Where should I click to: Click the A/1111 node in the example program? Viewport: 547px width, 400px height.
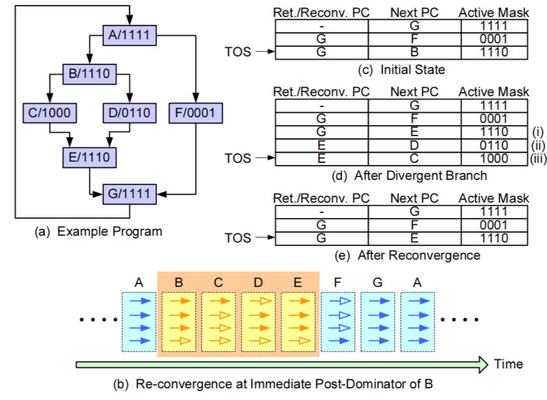click(130, 34)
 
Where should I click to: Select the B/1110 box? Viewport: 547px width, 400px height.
click(90, 73)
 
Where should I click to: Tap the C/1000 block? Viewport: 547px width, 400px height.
click(50, 113)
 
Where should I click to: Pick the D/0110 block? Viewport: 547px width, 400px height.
click(130, 113)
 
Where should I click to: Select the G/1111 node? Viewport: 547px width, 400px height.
click(130, 193)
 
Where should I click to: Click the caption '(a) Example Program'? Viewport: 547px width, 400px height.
click(98, 231)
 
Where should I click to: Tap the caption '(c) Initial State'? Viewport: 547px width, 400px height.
click(400, 69)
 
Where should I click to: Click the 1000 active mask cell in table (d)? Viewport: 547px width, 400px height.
click(494, 159)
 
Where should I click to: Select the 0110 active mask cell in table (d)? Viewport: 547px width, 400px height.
click(494, 145)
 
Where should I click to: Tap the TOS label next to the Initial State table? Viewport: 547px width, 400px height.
click(238, 52)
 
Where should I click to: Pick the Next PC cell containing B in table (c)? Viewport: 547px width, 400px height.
click(414, 53)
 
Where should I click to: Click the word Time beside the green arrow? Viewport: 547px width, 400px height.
click(508, 364)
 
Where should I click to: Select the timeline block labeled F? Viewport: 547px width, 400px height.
click(338, 321)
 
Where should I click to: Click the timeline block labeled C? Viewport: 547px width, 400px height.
click(218, 321)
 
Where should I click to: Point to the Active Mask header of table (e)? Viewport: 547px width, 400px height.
click(494, 198)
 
